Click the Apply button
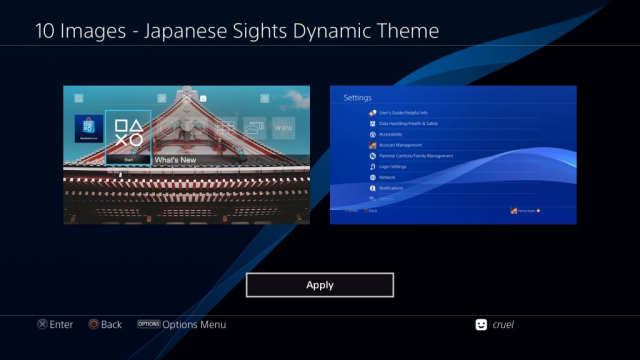[x=320, y=285]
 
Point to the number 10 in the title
[x=46, y=31]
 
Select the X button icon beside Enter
[x=42, y=324]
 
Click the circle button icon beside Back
[x=93, y=324]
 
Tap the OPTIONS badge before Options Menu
[x=148, y=324]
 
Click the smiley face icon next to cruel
[x=482, y=324]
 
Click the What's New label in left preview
[x=175, y=160]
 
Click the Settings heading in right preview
[x=357, y=98]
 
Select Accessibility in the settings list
[x=392, y=134]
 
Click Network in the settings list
[x=388, y=177]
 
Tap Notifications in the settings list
[x=392, y=188]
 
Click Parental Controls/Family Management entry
[x=416, y=156]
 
